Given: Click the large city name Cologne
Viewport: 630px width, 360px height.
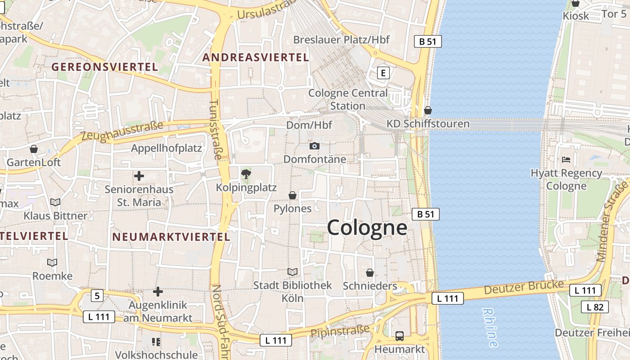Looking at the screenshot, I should [367, 228].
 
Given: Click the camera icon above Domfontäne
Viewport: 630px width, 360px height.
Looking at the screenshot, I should [315, 146].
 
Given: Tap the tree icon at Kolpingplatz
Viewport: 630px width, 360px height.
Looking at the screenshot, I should [246, 174].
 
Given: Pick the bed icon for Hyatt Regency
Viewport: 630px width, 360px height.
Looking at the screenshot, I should [566, 160].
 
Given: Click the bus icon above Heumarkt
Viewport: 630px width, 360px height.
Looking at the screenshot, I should [399, 336].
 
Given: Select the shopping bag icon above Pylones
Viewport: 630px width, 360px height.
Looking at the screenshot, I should [292, 195].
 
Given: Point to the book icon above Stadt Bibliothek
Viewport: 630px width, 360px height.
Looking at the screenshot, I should [292, 272].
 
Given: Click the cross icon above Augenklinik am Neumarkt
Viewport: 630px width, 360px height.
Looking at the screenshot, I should [157, 292].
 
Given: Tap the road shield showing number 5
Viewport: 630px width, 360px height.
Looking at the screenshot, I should [97, 296].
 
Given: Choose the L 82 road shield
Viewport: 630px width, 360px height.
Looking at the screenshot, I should [595, 307].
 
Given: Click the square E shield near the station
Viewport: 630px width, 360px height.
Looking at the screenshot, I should [383, 73].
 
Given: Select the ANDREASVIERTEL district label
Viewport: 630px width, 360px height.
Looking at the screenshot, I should [256, 58].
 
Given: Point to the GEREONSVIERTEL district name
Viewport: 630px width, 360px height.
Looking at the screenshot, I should [104, 67].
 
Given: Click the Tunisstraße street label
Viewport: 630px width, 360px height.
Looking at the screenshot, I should [216, 130].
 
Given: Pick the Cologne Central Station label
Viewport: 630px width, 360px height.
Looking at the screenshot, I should [348, 99].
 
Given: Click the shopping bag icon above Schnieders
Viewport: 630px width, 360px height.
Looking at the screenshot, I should [369, 273].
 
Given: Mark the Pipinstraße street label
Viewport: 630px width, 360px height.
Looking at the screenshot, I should [340, 331].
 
